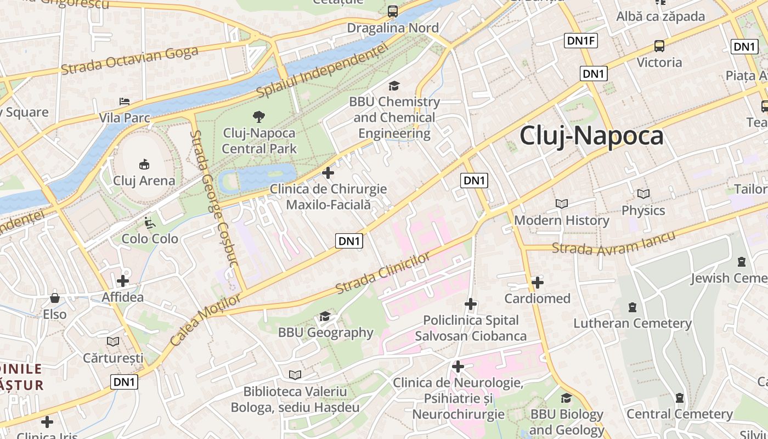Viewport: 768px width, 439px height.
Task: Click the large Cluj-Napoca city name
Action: [591, 136]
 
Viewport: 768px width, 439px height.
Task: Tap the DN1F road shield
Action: [581, 40]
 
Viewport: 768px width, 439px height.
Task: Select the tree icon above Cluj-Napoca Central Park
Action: [258, 116]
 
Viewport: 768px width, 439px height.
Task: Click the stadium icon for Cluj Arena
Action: [144, 164]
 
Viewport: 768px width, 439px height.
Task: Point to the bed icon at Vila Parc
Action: [125, 102]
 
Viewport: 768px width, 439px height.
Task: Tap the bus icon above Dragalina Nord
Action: [393, 11]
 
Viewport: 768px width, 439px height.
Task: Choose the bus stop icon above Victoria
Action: [659, 46]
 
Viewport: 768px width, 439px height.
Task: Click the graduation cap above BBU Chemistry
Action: [394, 86]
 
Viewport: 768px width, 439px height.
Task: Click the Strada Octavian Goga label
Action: [129, 60]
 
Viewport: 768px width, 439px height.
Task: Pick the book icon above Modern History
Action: [561, 204]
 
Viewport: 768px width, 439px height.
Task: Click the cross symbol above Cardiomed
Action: [538, 283]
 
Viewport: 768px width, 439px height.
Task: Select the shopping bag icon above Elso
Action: [55, 298]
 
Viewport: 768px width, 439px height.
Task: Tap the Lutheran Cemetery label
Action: [632, 323]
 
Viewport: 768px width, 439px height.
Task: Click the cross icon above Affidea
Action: [123, 281]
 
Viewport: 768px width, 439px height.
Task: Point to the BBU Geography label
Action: [325, 333]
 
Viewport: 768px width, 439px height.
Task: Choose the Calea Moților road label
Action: [205, 320]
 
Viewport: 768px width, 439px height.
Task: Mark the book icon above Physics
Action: [643, 194]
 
